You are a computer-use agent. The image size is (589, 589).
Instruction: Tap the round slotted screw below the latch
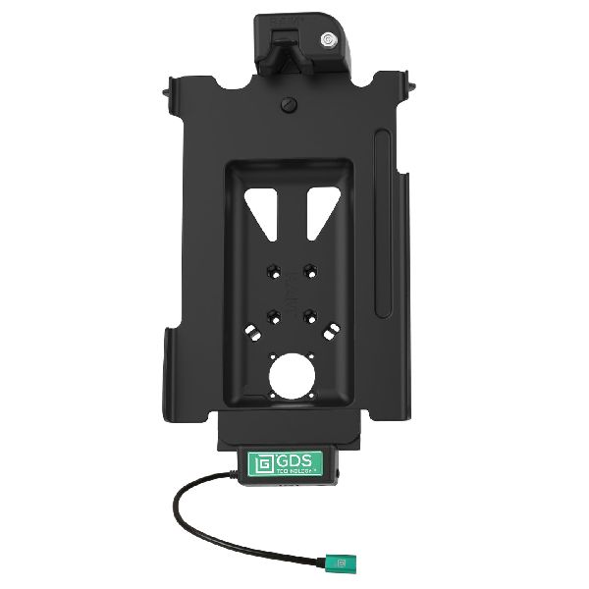coord(289,103)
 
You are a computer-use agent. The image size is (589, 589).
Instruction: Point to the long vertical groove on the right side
coord(386,196)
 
